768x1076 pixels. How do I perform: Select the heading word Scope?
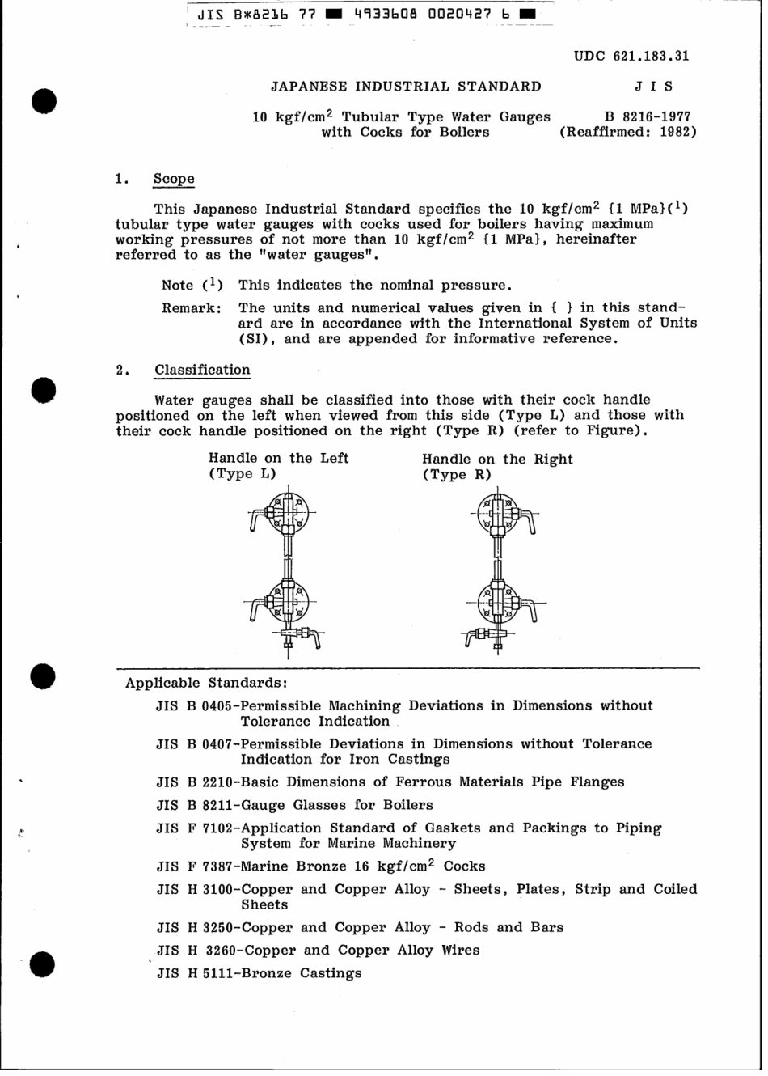point(174,179)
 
